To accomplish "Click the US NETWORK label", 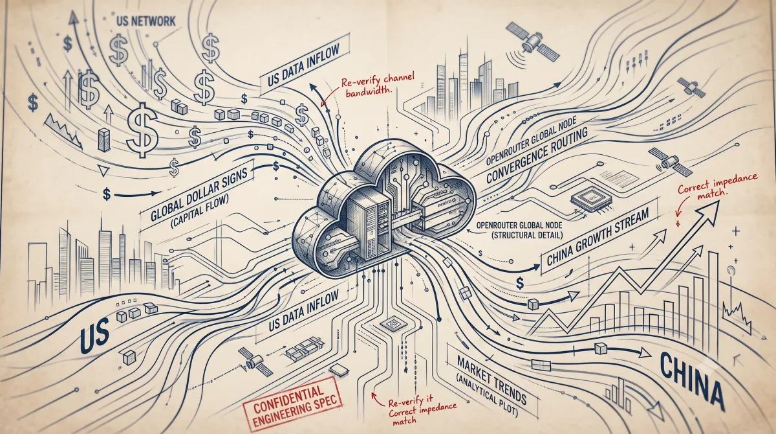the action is (x=145, y=21).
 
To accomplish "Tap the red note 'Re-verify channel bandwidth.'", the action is (x=377, y=85).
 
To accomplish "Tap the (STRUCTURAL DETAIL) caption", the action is (x=527, y=235).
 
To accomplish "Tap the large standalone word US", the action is (x=95, y=334).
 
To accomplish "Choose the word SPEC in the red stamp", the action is (x=324, y=402).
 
